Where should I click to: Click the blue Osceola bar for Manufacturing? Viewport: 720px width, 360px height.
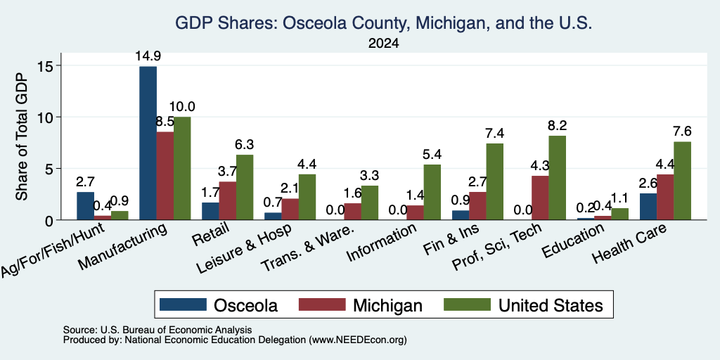tap(148, 143)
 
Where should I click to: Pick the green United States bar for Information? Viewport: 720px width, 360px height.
tap(432, 193)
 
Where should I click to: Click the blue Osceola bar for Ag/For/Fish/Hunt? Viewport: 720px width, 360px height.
tap(85, 206)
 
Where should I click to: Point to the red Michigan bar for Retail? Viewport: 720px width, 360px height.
tap(228, 201)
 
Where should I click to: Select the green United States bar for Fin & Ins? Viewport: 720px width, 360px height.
tap(494, 182)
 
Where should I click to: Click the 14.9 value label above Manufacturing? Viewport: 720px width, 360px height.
tap(148, 56)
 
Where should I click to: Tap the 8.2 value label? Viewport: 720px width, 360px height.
tap(558, 125)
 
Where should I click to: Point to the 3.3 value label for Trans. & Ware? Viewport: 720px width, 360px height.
tap(370, 175)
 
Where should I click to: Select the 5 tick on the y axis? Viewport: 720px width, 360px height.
tap(51, 169)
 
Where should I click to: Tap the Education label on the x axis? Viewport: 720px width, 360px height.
tap(573, 240)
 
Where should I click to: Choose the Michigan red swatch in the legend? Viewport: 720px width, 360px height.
tap(322, 304)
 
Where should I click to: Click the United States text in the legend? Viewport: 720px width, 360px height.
tap(551, 305)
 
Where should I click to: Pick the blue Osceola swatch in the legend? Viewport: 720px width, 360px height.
tap(183, 304)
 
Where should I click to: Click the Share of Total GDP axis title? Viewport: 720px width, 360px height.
tap(22, 137)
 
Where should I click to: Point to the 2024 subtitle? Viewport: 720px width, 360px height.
tap(383, 44)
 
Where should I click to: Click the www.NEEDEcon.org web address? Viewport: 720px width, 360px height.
tap(358, 340)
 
